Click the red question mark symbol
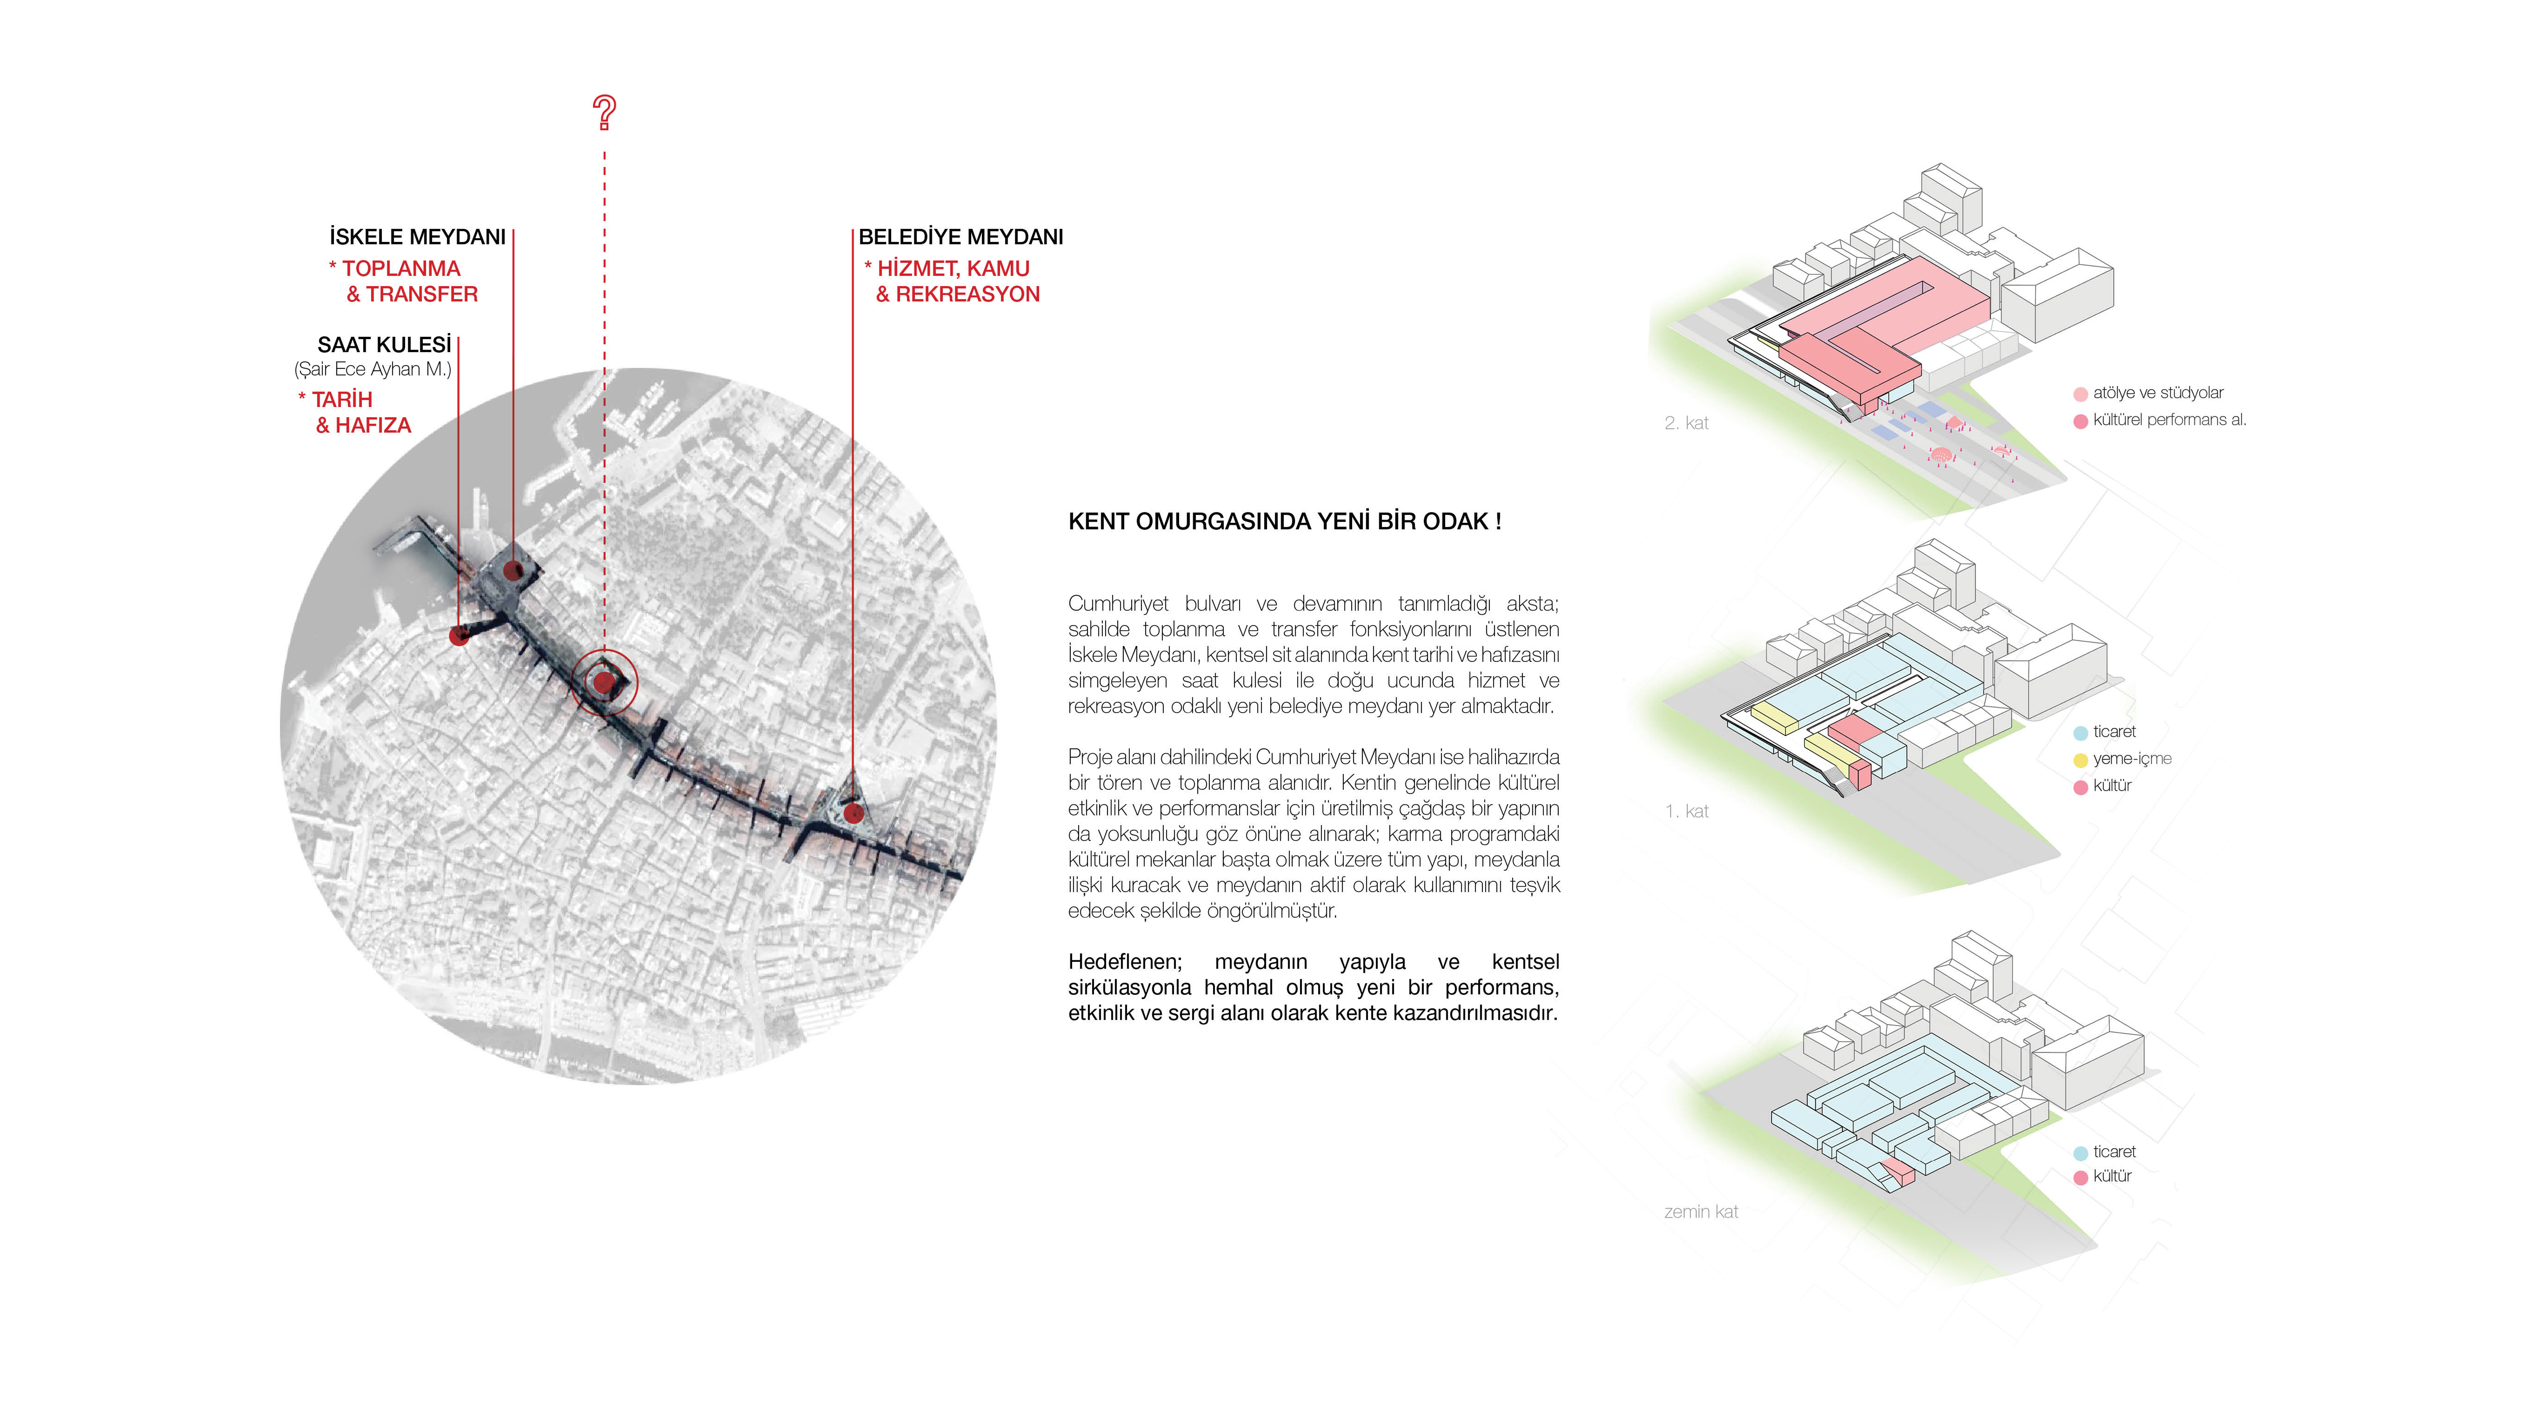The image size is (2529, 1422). [605, 113]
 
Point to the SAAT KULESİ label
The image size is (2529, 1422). [384, 344]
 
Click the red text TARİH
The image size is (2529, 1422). [342, 399]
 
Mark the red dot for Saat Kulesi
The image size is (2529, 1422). [459, 636]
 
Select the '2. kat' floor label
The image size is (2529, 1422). [1686, 423]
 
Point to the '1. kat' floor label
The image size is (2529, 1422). [1686, 812]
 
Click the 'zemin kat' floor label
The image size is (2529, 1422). [1700, 1212]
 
